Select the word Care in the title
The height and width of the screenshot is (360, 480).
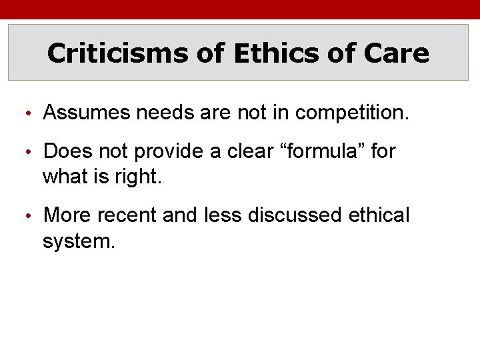click(398, 53)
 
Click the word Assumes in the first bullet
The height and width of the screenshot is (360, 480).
click(86, 113)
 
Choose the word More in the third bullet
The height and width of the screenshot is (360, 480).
click(67, 215)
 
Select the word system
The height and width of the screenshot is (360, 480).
click(78, 241)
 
